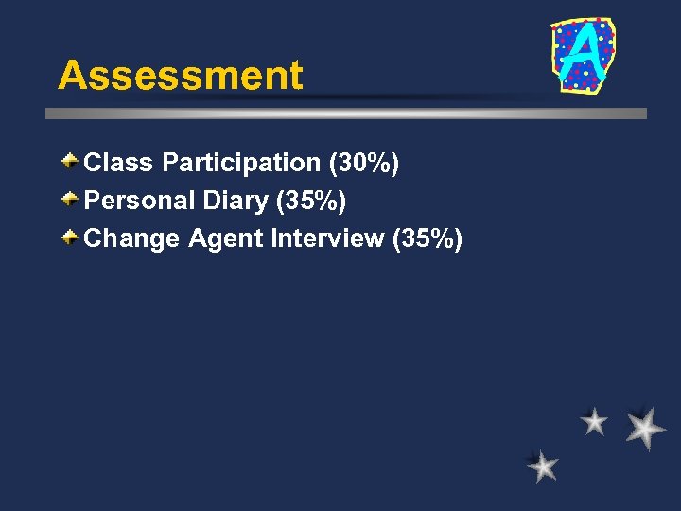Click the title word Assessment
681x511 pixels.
coord(180,76)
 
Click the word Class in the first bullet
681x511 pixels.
coord(119,163)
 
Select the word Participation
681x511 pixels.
coord(241,164)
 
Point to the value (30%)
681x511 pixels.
coord(364,164)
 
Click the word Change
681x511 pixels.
coord(131,238)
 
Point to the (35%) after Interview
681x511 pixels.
coord(427,239)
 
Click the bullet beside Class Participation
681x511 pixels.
coord(71,162)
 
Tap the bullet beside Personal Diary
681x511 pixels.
coord(71,200)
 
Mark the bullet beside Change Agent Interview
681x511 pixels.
coord(71,238)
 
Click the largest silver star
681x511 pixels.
coord(645,428)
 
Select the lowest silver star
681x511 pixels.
coord(543,466)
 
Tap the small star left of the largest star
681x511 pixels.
coord(594,421)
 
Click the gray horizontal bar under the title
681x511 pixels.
coord(346,113)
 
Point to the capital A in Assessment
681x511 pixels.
coord(72,76)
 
